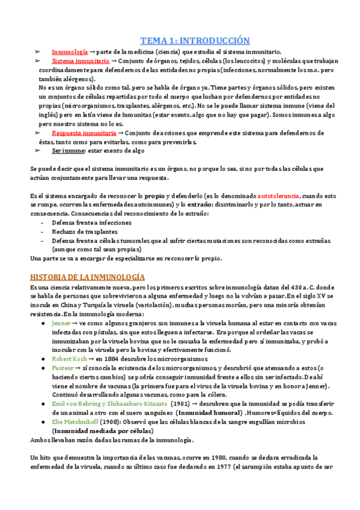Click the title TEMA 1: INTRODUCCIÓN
tap(194, 41)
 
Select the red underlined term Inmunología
tap(70, 52)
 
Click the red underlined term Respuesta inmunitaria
tap(84, 132)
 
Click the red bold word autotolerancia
tap(280, 196)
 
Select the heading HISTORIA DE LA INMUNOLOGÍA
tap(87, 277)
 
